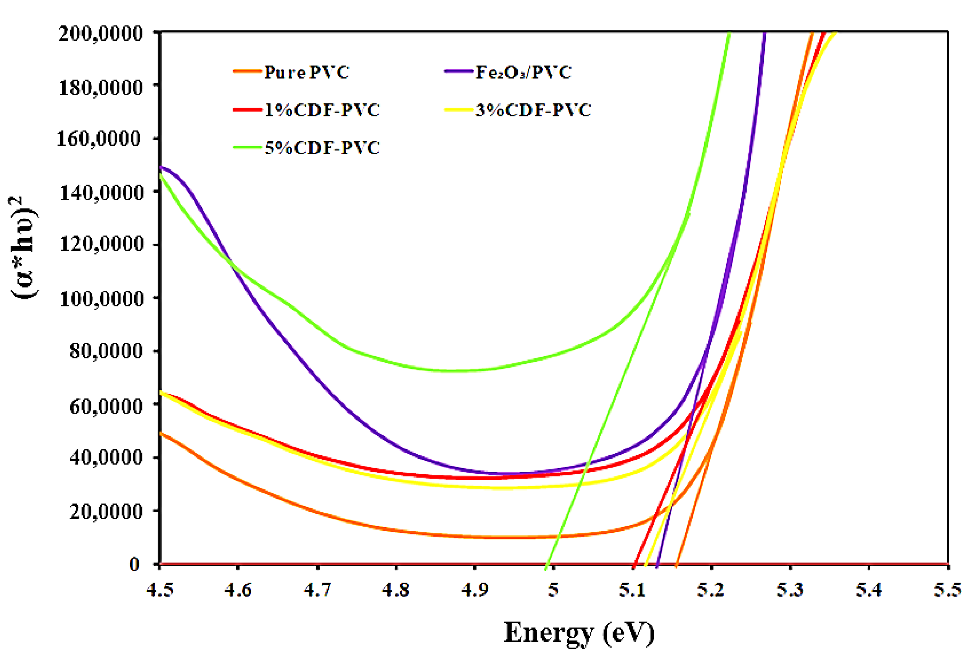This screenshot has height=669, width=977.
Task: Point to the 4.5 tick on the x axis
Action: [x=160, y=590]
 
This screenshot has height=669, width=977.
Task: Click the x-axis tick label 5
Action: [x=553, y=590]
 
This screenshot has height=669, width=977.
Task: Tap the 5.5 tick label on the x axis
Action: [x=947, y=590]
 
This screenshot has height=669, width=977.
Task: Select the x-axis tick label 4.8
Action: [x=396, y=590]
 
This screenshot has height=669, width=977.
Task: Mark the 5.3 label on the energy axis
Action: [x=790, y=590]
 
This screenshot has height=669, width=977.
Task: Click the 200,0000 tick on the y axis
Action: [x=101, y=33]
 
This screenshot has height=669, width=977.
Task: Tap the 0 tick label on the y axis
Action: [x=134, y=564]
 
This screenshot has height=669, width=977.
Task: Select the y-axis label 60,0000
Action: [x=106, y=406]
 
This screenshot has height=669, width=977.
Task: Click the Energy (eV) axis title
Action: [x=579, y=632]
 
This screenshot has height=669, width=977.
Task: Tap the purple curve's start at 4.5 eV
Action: [x=160, y=167]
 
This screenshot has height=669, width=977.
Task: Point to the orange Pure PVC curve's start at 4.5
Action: [x=160, y=433]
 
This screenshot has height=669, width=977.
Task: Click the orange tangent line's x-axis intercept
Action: [x=676, y=564]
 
